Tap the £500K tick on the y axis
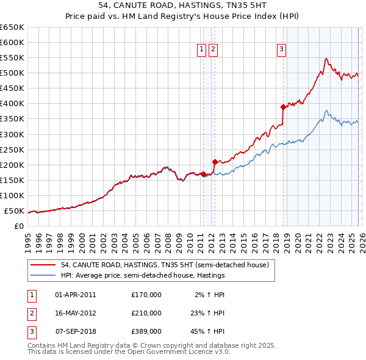tap(12, 73)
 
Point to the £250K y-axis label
tap(12, 149)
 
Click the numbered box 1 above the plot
tap(201, 50)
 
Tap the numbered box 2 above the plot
tap(213, 50)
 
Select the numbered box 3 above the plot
tap(282, 50)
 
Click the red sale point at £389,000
tap(283, 107)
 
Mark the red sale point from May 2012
tap(215, 162)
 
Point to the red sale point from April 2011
tap(203, 174)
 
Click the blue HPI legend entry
tap(143, 275)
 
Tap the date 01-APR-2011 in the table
tap(75, 294)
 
